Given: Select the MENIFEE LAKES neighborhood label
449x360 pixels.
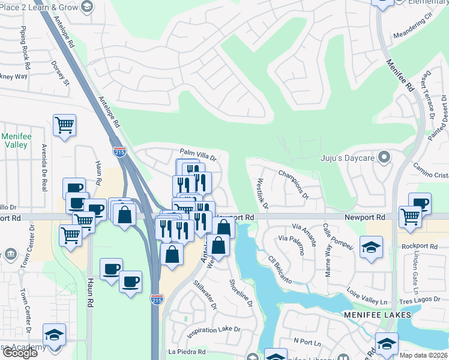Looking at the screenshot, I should (378, 314).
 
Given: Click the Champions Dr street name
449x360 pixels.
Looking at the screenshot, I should (294, 184).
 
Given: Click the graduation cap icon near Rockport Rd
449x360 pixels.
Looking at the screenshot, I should (371, 246).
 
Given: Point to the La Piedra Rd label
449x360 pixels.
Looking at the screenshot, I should (187, 352).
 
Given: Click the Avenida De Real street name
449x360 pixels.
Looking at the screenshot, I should (44, 167).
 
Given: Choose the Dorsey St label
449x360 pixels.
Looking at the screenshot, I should (61, 73).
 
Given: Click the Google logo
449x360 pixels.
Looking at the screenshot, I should (19, 353).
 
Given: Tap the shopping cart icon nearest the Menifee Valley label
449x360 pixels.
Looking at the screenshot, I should (64, 125).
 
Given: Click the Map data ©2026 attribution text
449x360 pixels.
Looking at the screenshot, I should (423, 355).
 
